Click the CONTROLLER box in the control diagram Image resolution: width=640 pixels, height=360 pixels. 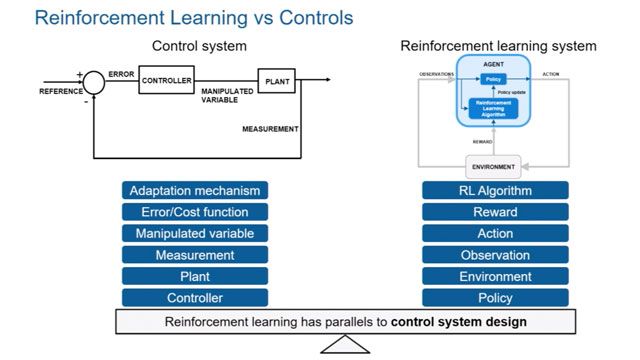[166, 80]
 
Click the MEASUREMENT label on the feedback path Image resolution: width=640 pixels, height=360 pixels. [270, 128]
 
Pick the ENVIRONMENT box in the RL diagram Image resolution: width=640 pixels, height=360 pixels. [494, 166]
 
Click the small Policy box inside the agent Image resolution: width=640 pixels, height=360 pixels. [492, 78]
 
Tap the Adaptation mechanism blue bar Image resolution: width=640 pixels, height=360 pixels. [196, 190]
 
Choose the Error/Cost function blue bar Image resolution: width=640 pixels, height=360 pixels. [196, 212]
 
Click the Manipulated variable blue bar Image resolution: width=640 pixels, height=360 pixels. [196, 233]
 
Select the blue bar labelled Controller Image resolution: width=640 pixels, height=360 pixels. [196, 297]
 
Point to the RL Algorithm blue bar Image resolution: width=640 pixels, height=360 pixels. [495, 190]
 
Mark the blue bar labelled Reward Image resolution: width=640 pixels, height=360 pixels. [495, 212]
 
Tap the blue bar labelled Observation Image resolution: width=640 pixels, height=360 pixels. [495, 255]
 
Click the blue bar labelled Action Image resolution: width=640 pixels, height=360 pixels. [495, 233]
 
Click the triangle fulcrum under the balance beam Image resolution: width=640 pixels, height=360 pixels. [345, 345]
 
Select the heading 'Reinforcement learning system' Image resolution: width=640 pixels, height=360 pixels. [498, 46]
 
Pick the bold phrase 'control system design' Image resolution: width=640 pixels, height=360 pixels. [459, 322]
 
